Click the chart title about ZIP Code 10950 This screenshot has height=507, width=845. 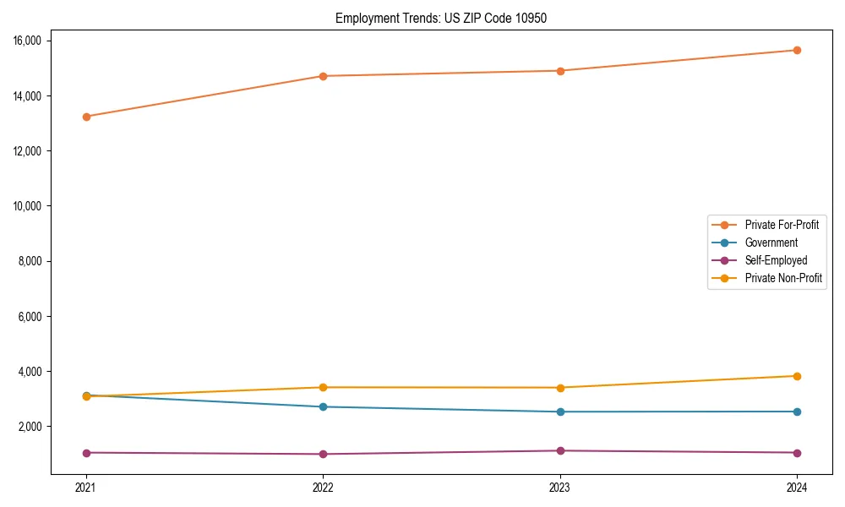pyautogui.click(x=441, y=18)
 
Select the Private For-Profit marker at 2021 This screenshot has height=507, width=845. pyautogui.click(x=86, y=117)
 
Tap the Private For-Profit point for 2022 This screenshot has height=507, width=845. pyautogui.click(x=323, y=76)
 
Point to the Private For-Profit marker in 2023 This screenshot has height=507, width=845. pyautogui.click(x=560, y=71)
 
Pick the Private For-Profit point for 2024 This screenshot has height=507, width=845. pyautogui.click(x=797, y=50)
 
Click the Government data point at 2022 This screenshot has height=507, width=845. pyautogui.click(x=323, y=406)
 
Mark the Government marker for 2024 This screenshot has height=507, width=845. pyautogui.click(x=797, y=412)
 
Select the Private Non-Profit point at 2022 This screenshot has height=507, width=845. pyautogui.click(x=323, y=387)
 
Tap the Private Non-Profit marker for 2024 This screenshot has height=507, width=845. pyautogui.click(x=797, y=376)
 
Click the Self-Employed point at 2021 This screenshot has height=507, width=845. pyautogui.click(x=86, y=453)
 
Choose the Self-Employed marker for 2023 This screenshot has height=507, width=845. pyautogui.click(x=560, y=450)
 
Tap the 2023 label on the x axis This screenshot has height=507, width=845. pyautogui.click(x=560, y=487)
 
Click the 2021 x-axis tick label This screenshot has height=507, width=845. pyautogui.click(x=86, y=487)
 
